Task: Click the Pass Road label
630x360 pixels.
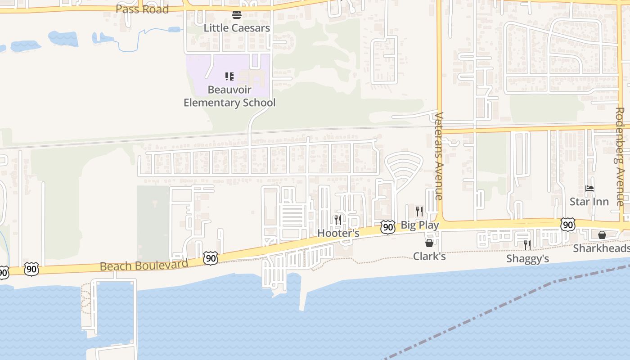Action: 142,9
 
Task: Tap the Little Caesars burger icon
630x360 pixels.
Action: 237,15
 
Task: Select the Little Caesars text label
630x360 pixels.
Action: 237,28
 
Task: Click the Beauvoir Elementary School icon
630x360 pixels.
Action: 229,76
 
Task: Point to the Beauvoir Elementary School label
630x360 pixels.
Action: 229,96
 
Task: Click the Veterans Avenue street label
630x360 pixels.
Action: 439,156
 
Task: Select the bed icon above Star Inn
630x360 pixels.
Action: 589,189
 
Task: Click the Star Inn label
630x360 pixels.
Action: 589,202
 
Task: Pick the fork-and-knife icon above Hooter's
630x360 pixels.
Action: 337,220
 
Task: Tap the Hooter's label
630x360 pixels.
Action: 338,233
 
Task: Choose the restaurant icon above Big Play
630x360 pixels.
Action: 419,211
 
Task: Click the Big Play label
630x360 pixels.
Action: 419,225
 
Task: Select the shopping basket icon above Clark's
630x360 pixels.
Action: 429,243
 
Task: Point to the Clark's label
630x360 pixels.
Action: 429,256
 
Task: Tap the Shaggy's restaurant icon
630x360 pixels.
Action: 527,245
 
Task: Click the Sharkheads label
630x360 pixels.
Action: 601,248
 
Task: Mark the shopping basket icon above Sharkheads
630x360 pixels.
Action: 602,235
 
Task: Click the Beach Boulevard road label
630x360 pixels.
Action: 144,265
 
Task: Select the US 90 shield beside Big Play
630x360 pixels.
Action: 388,227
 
